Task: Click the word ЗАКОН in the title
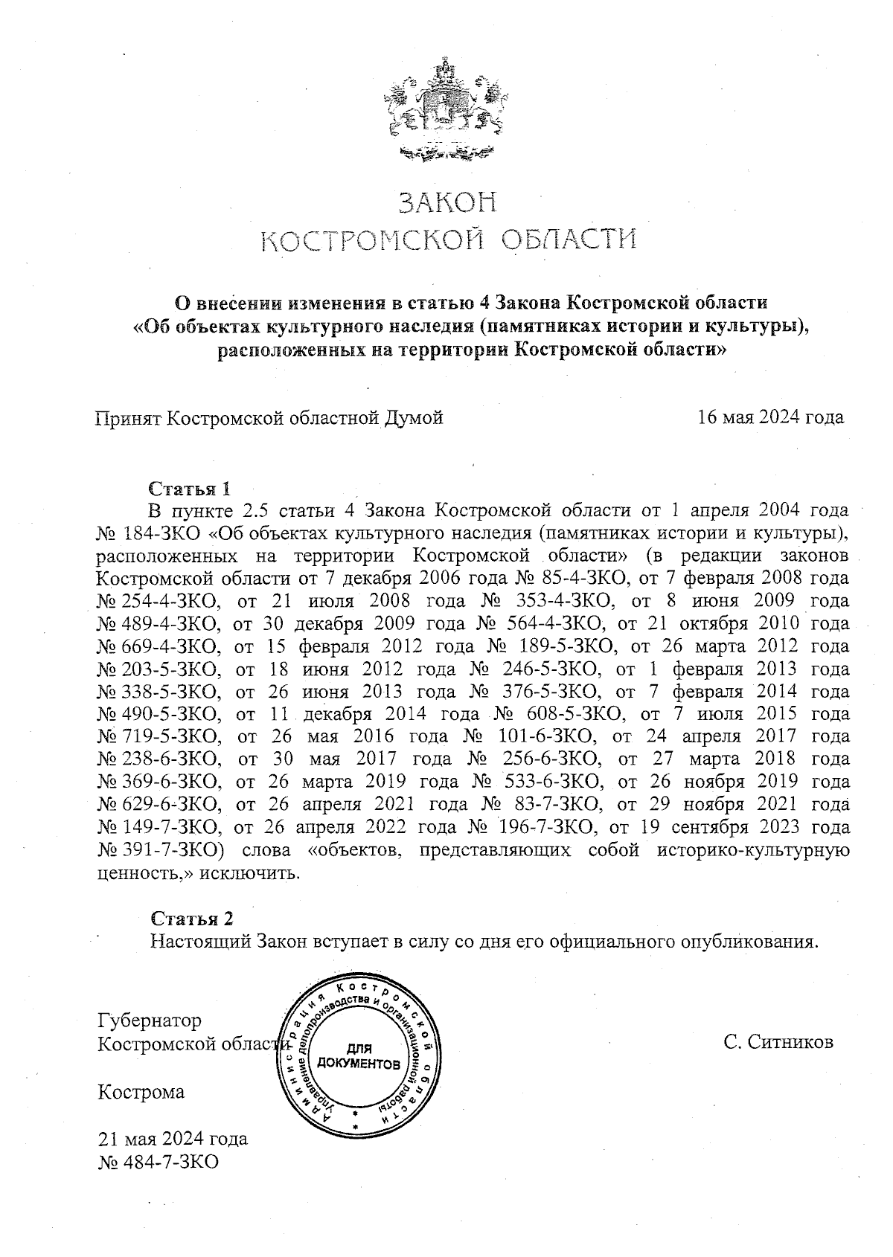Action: coord(447,203)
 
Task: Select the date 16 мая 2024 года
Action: coord(770,417)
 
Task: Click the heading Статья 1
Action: coord(190,489)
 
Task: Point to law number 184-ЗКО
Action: coord(165,533)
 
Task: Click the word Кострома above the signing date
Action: coord(142,1092)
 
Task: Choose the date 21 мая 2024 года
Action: coord(173,1139)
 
